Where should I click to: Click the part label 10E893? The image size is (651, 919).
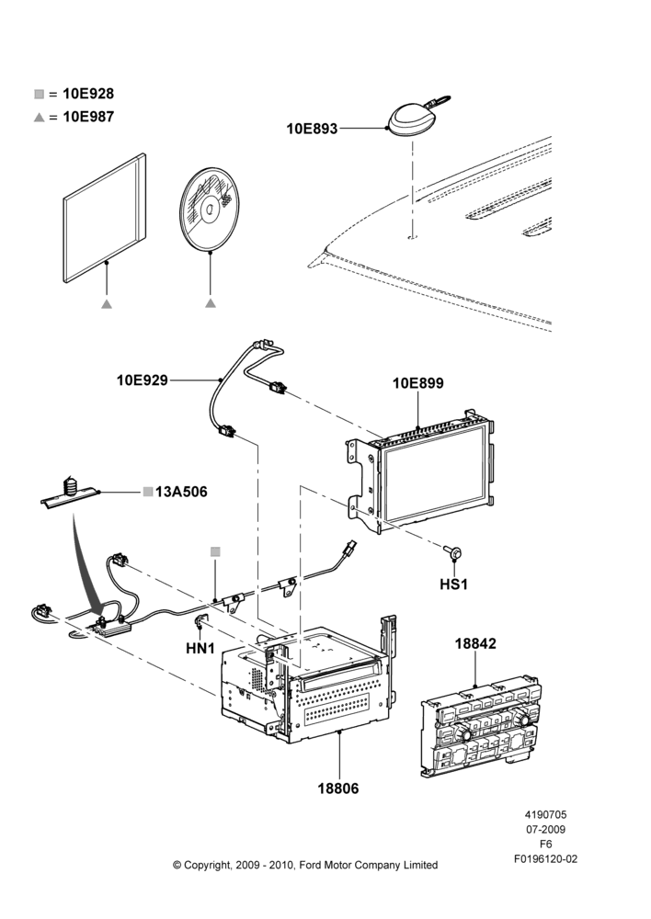pos(312,129)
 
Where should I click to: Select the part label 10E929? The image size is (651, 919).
pos(143,380)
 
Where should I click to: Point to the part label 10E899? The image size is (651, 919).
pos(418,383)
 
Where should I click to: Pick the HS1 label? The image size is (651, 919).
pos(454,584)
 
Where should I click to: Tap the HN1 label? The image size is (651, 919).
pos(200,649)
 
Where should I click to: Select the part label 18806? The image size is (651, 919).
pos(338,789)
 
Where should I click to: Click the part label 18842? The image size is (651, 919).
pos(475,643)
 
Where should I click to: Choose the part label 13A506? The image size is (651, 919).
pos(181,492)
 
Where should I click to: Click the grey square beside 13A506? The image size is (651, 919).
pos(148,492)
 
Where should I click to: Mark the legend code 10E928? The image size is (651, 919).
pos(88,94)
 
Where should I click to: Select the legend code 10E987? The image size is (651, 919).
pos(88,117)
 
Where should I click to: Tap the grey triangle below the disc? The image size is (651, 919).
pos(211,303)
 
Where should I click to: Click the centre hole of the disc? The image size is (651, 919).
pos(210,210)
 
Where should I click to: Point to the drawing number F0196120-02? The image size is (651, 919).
pos(546,859)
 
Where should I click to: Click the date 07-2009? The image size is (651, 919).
pos(546,829)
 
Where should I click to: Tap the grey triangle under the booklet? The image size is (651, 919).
pos(106,303)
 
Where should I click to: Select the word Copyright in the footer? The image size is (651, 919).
pos(207,866)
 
